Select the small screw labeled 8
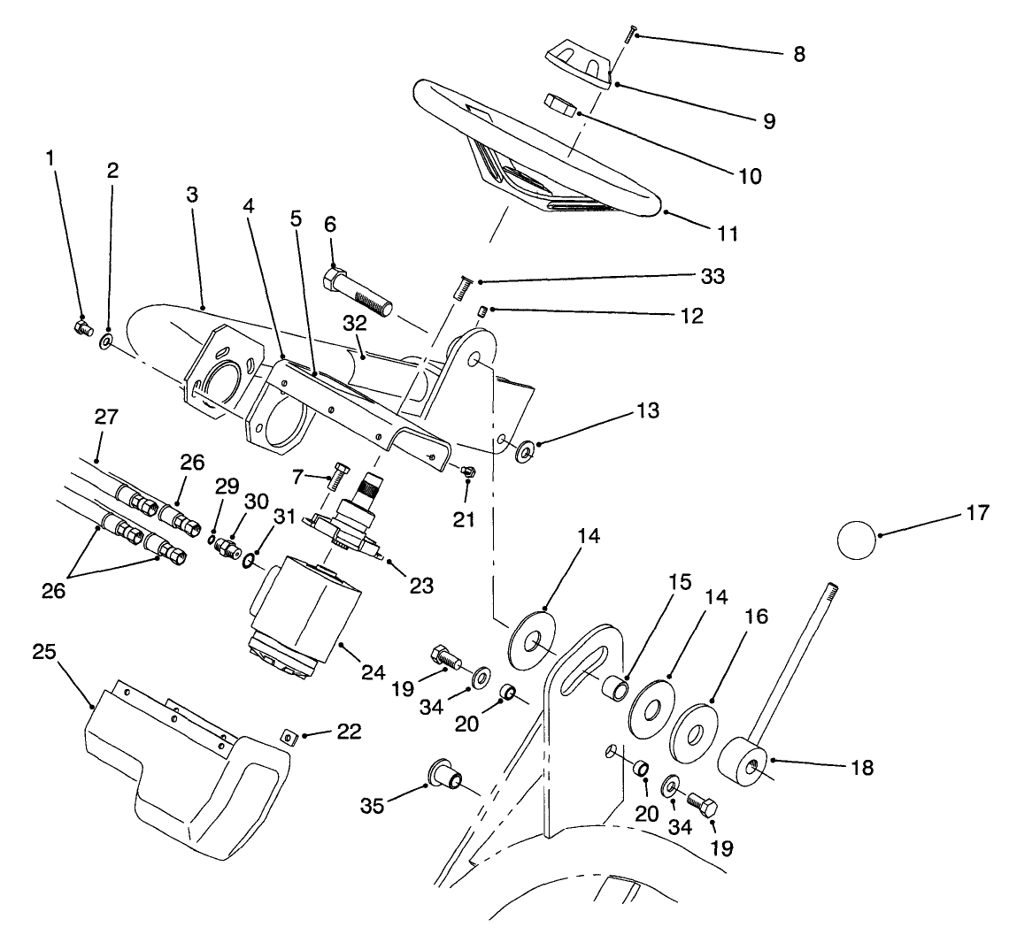coord(631,34)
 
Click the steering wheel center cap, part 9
coord(577,65)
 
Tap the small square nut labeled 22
coord(288,734)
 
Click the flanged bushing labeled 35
coord(445,771)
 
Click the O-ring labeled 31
coord(250,560)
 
